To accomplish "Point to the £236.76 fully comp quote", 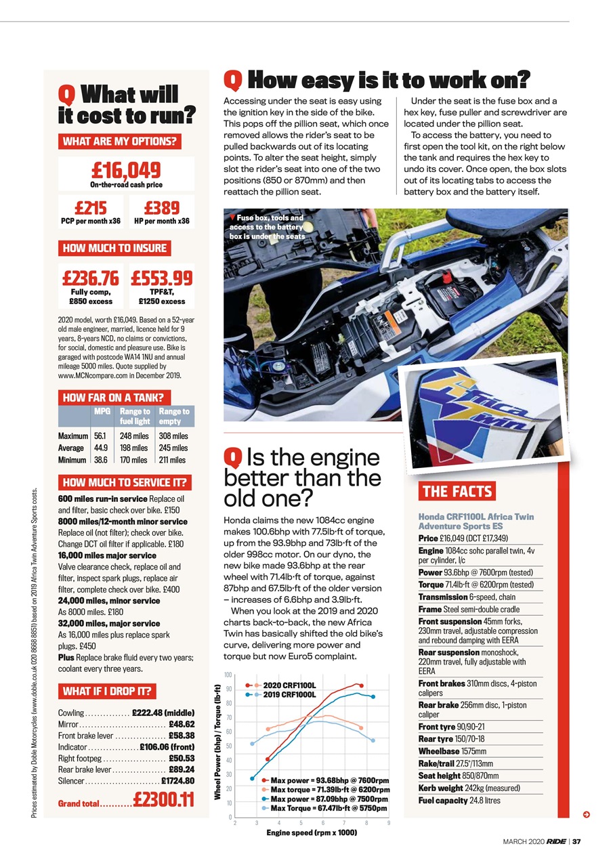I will click(90, 278).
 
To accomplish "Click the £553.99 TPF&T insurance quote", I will click(162, 278).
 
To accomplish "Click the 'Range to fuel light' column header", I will click(134, 416).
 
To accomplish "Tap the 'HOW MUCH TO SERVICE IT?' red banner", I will click(125, 483).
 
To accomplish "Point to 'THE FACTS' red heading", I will click(458, 492).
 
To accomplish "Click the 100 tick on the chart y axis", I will click(228, 675).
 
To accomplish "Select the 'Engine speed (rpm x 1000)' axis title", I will click(312, 832).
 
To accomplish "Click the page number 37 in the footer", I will click(576, 842).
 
